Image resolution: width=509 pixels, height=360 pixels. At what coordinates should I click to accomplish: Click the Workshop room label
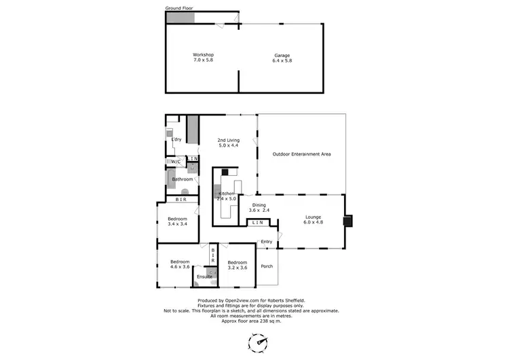(203, 54)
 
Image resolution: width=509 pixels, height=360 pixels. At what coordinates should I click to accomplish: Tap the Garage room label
(282, 54)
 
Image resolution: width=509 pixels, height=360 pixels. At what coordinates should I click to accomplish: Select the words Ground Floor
(179, 8)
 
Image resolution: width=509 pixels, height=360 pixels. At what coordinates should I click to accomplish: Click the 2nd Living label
(229, 140)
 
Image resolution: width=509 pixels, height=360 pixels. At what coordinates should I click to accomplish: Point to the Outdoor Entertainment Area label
(301, 154)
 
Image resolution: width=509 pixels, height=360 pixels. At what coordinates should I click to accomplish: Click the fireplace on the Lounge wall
(348, 220)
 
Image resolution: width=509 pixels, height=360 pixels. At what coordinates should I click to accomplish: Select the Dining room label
(259, 204)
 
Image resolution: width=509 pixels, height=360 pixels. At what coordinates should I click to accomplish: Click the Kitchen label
(225, 194)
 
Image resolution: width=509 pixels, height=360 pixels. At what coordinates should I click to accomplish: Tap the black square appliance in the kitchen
(225, 173)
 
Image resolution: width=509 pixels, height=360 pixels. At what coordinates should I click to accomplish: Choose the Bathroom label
(183, 179)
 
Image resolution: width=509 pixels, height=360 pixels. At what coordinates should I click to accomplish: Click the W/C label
(175, 162)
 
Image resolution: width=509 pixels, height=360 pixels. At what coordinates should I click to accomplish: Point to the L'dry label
(176, 139)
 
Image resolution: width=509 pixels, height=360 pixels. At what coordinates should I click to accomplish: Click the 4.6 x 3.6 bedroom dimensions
(180, 267)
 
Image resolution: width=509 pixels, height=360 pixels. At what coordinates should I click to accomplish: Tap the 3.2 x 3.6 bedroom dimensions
(238, 268)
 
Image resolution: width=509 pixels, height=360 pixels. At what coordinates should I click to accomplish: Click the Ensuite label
(204, 277)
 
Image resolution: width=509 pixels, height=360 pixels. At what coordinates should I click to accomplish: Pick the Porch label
(267, 266)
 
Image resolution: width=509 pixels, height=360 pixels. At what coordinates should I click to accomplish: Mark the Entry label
(266, 242)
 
